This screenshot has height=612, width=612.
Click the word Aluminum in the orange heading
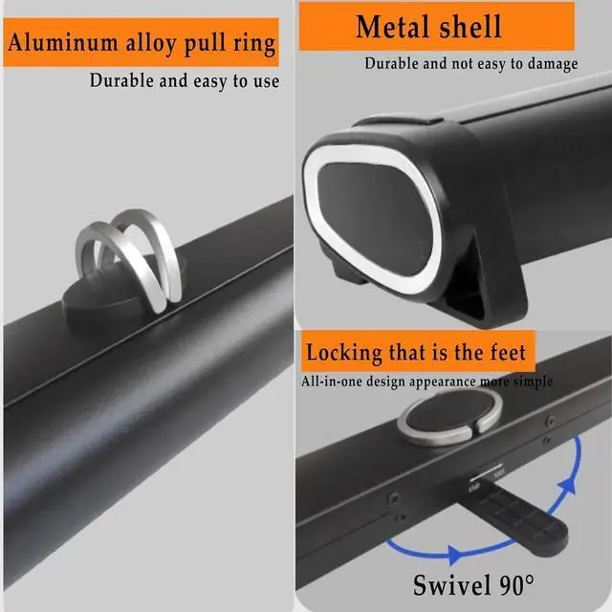pyautogui.click(x=56, y=43)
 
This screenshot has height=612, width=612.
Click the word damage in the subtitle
pyautogui.click(x=549, y=64)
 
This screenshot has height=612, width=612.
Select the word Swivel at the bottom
pyautogui.click(x=449, y=582)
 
